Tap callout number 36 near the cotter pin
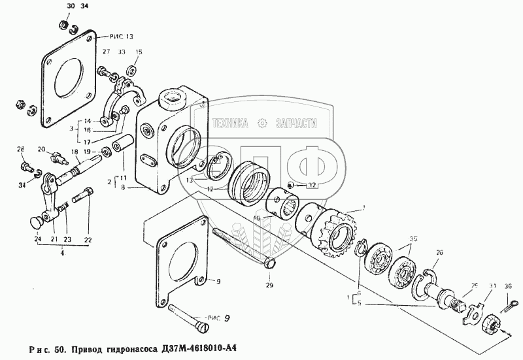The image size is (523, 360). click(x=508, y=285)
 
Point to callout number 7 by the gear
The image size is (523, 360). click(x=354, y=207)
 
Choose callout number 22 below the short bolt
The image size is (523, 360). click(x=87, y=240)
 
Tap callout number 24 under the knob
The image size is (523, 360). click(x=38, y=240)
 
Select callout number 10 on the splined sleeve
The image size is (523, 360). click(x=256, y=218)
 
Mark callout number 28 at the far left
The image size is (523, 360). click(x=20, y=149)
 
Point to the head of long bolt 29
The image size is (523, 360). click(x=269, y=265)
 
